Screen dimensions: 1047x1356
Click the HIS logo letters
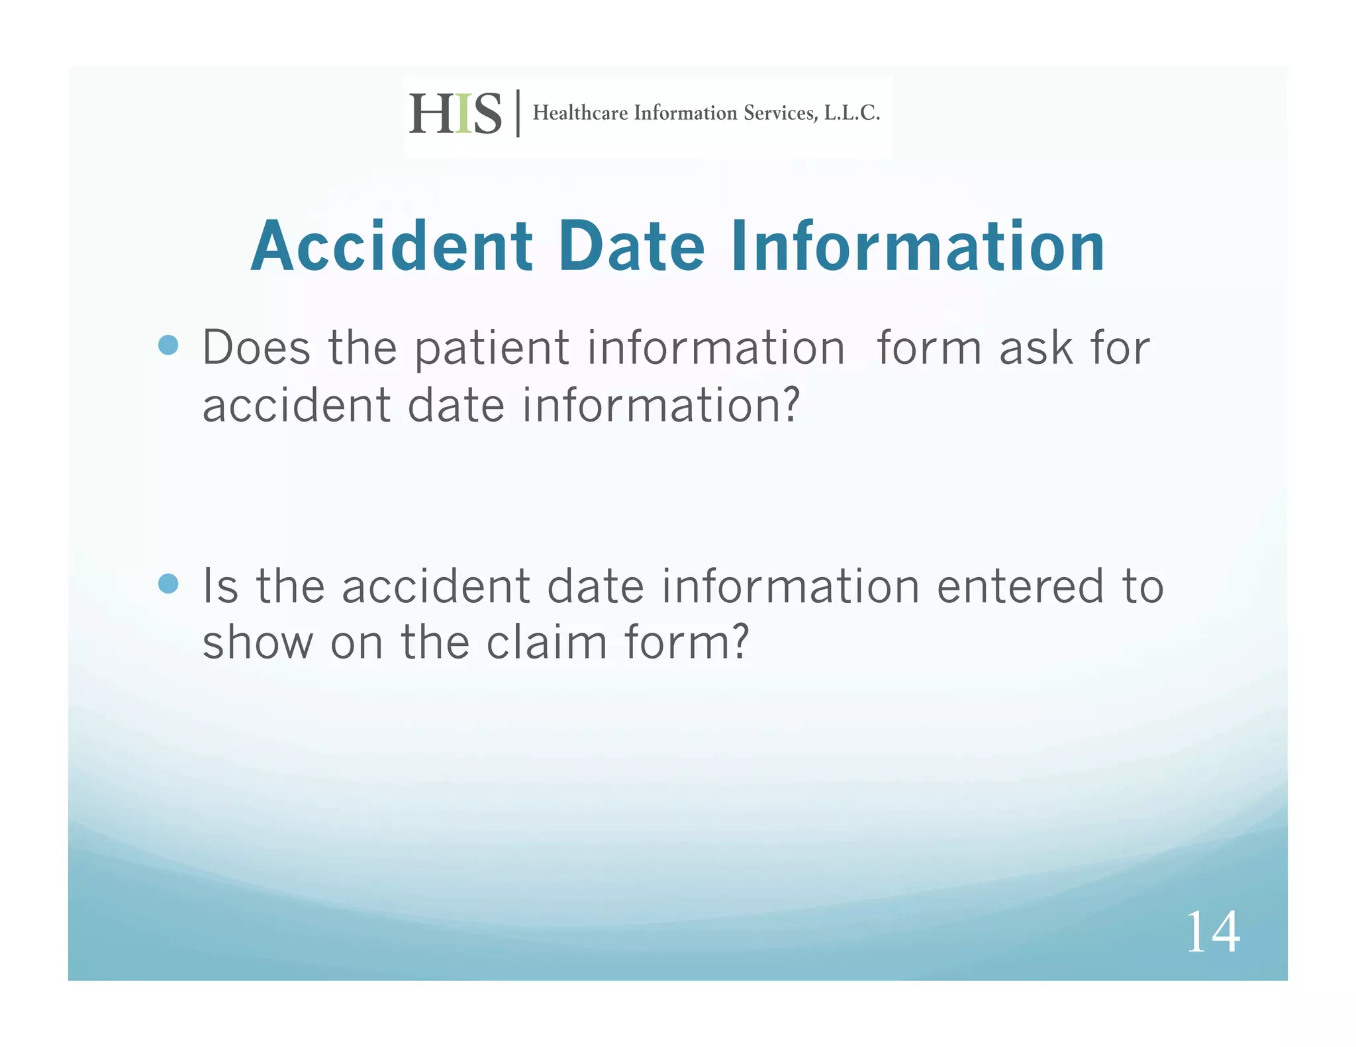tap(455, 114)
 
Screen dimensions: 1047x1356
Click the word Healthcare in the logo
tap(580, 113)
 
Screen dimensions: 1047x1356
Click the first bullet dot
tap(169, 345)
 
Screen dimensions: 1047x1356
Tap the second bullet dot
tap(169, 584)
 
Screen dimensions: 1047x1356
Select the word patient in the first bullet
tap(491, 349)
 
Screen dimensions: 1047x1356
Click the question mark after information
tap(790, 404)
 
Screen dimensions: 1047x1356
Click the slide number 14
tap(1212, 932)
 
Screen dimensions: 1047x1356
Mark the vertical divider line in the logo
tap(518, 113)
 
